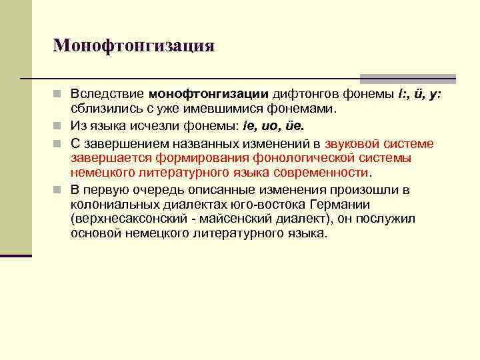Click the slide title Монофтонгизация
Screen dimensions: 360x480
pyautogui.click(x=134, y=45)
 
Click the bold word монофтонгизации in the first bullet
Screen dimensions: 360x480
pyautogui.click(x=209, y=94)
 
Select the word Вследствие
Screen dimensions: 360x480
pyautogui.click(x=107, y=94)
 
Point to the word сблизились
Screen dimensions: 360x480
pyautogui.click(x=103, y=109)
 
